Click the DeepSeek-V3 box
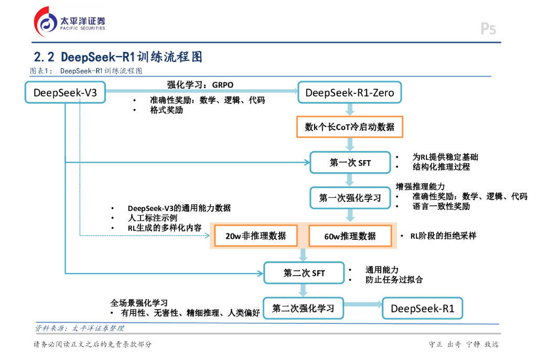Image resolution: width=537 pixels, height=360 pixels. [65, 93]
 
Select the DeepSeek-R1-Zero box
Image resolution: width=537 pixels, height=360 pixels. [349, 93]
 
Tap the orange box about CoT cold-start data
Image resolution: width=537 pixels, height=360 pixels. [349, 127]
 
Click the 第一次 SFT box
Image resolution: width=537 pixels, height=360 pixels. [350, 163]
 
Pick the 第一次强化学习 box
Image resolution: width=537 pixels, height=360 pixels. [350, 198]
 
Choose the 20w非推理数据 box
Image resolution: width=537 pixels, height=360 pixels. [256, 236]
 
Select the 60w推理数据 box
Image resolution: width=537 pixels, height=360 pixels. [350, 236]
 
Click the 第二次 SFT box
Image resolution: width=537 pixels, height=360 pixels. [304, 273]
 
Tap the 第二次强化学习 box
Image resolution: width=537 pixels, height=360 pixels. [303, 308]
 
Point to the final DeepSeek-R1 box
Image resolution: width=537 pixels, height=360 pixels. [422, 308]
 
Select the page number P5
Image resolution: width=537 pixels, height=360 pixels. [488, 29]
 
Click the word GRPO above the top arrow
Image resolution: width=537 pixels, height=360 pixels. [223, 84]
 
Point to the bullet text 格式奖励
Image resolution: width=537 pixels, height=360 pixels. [166, 110]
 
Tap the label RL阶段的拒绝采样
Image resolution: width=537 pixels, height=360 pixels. [443, 236]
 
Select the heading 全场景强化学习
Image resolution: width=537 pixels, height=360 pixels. [139, 303]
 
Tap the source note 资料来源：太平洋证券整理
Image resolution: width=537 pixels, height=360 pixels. [79, 328]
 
